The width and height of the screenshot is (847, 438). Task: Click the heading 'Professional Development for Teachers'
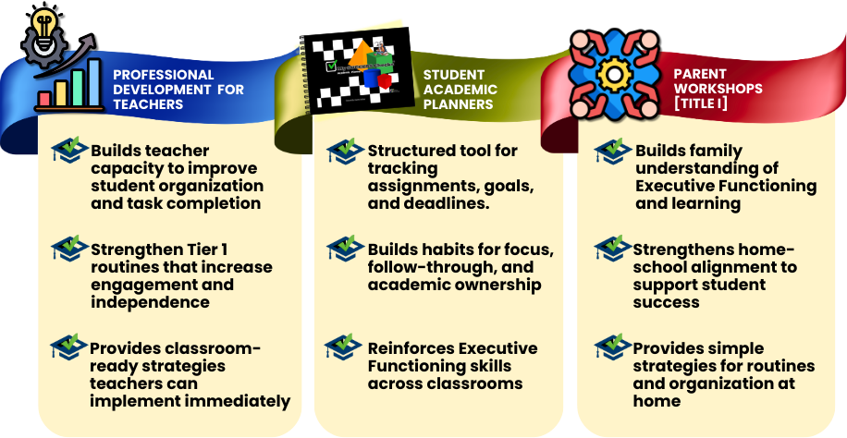coord(178,90)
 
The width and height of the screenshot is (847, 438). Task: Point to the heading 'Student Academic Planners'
coord(460,90)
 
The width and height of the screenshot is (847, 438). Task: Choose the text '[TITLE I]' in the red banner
coord(701,103)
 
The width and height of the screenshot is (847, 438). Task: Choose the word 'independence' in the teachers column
coord(150,302)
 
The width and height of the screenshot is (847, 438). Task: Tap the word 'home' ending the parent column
coord(657,401)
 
